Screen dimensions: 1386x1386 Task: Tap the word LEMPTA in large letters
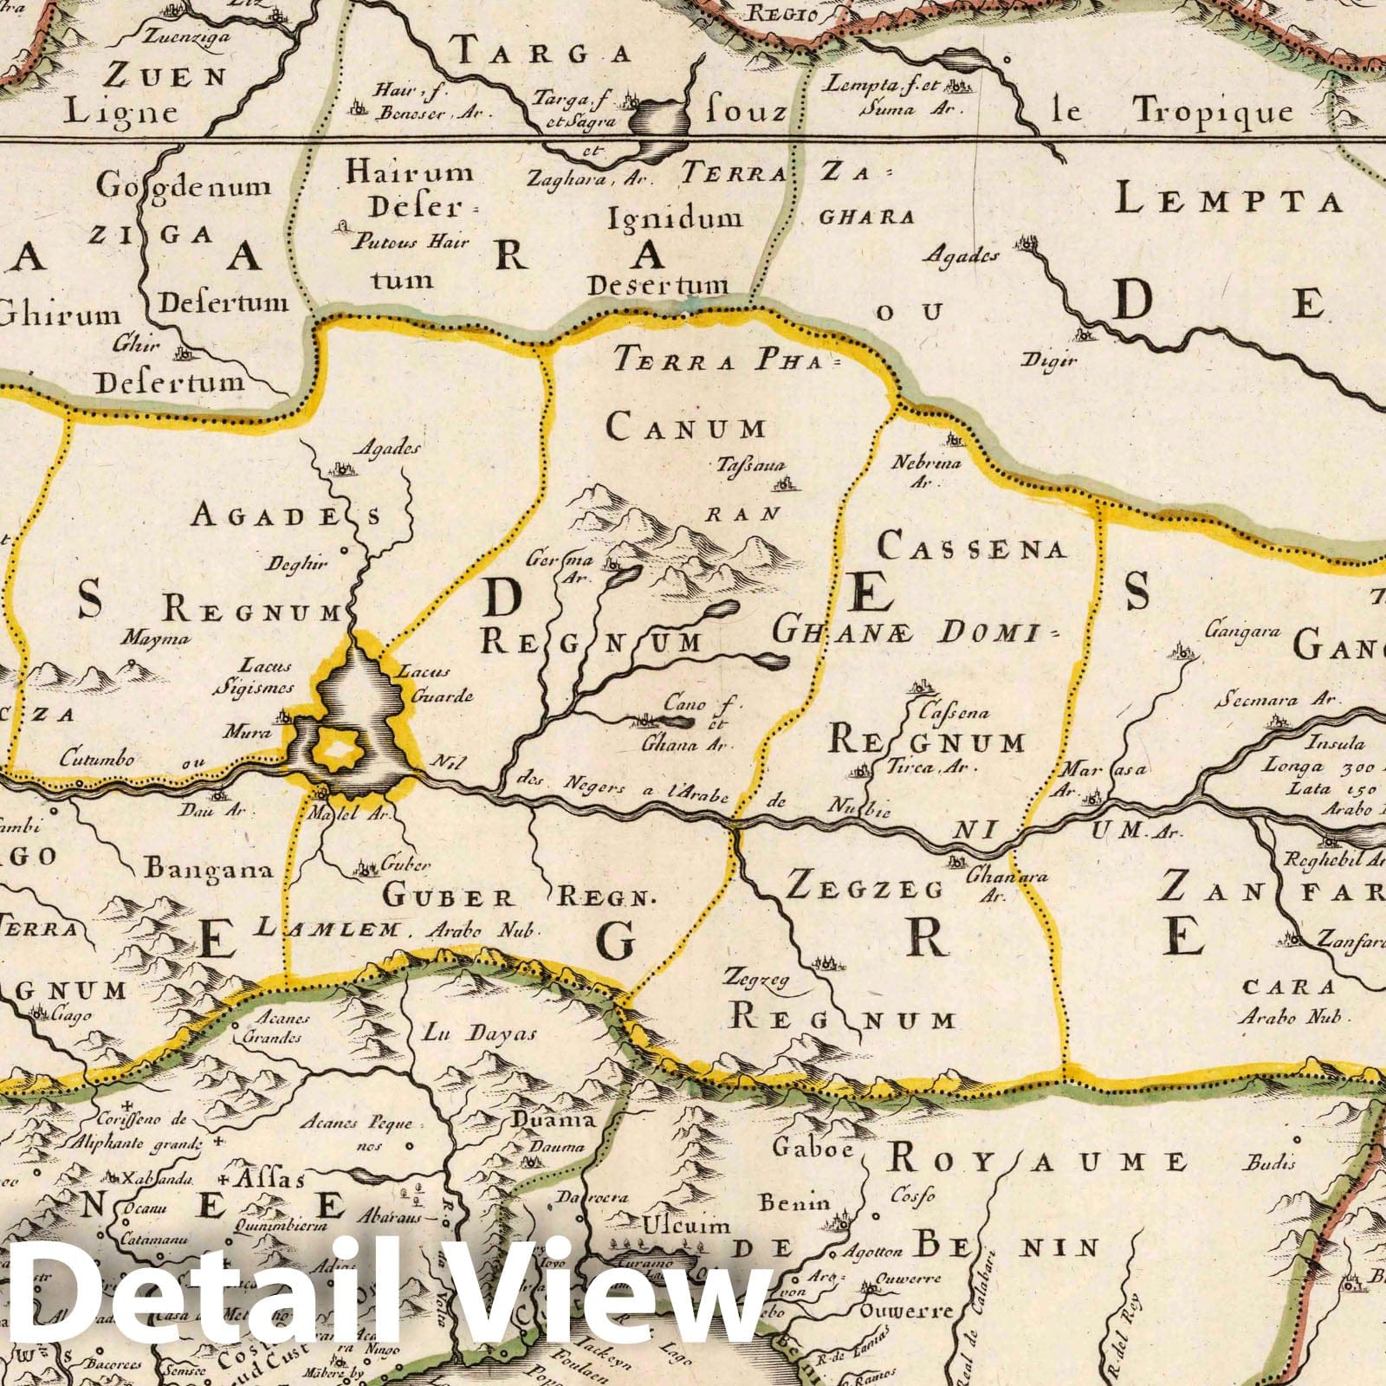click(x=1227, y=201)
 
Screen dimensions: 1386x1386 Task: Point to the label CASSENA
click(x=971, y=547)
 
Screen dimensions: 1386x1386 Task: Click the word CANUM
click(x=686, y=428)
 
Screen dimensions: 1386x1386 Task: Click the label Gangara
click(x=1247, y=631)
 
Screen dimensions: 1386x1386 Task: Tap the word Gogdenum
click(x=183, y=185)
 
